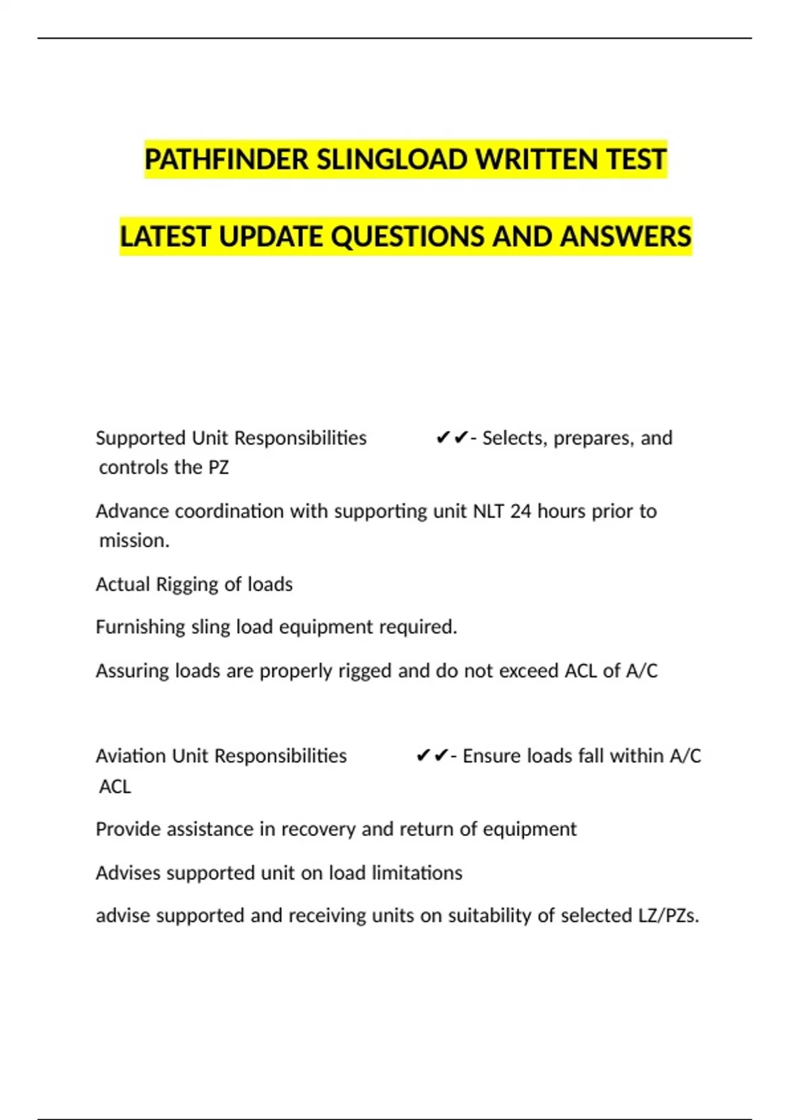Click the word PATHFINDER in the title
[x=226, y=159]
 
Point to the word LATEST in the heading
[x=165, y=237]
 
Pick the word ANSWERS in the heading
[x=625, y=237]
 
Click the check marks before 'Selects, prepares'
[x=452, y=438]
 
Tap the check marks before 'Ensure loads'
[x=432, y=756]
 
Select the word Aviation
[x=131, y=756]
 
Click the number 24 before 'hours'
[x=520, y=511]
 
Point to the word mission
[x=134, y=541]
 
